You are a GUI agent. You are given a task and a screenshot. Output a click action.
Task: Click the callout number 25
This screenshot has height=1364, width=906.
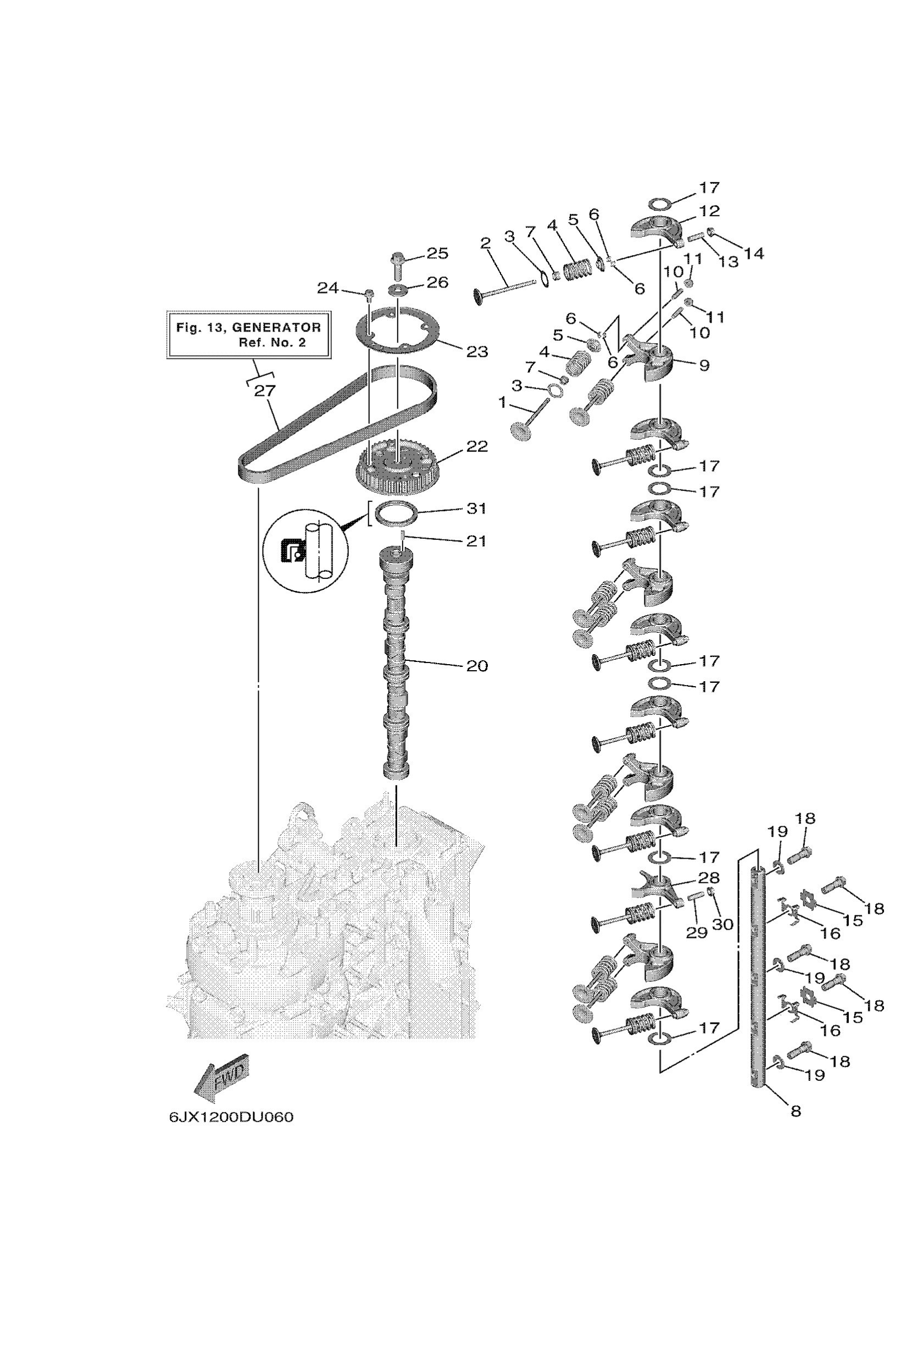point(437,253)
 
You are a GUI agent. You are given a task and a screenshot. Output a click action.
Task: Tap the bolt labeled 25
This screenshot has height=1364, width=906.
point(398,265)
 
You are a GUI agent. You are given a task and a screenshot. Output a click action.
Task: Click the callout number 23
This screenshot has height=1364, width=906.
point(477,351)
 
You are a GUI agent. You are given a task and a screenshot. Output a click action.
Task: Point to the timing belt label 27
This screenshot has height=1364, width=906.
point(265,391)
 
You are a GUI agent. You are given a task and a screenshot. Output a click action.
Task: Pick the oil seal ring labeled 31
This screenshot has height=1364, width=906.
point(396,513)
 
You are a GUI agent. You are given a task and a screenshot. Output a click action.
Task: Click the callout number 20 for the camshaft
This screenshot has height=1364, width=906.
point(477,666)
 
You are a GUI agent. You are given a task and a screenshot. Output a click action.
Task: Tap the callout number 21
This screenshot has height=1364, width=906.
point(477,540)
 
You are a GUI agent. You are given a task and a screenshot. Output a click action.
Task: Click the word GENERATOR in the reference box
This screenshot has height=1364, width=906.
point(276,327)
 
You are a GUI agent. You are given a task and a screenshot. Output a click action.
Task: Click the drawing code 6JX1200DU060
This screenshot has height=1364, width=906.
point(231,1117)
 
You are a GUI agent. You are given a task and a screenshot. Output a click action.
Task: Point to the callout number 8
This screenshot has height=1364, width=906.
point(796,1111)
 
